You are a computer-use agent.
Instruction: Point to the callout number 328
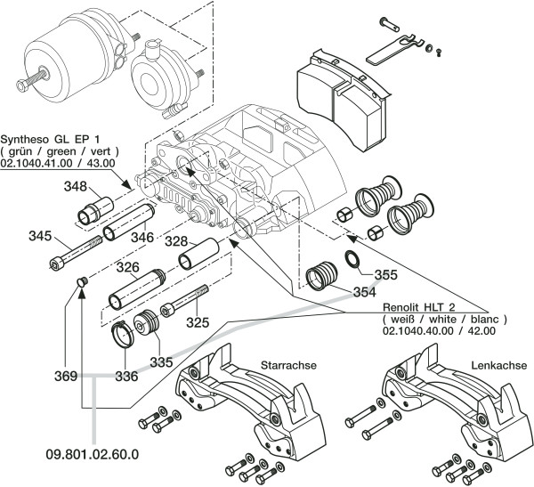pyautogui.click(x=175, y=241)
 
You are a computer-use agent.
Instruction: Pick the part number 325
pyautogui.click(x=197, y=321)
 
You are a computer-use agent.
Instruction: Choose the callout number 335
pyautogui.click(x=161, y=361)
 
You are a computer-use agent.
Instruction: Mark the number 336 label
pyautogui.click(x=125, y=376)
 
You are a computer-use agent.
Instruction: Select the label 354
pyautogui.click(x=362, y=292)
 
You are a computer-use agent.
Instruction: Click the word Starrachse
pyautogui.click(x=289, y=365)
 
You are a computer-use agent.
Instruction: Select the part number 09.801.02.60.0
pyautogui.click(x=93, y=454)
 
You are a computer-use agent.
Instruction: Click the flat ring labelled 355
pyautogui.click(x=352, y=260)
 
